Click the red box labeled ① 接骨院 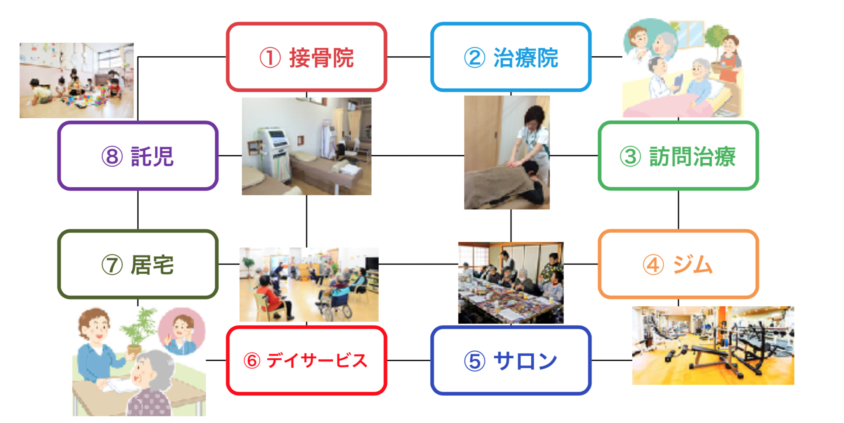[306, 57]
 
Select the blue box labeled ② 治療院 [511, 57]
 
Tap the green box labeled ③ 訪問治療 [678, 156]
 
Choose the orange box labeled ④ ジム [678, 264]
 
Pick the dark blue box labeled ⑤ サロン [511, 360]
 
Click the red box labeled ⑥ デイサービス [306, 360]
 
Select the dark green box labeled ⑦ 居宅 [137, 264]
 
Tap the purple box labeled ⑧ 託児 [137, 156]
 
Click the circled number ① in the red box [270, 58]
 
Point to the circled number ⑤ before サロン [474, 361]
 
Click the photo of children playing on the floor [76, 80]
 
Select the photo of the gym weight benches [713, 345]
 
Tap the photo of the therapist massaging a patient [507, 152]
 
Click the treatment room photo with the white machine [306, 146]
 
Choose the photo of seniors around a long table [511, 283]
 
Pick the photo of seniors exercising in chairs [309, 284]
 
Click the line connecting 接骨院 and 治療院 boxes [409, 57]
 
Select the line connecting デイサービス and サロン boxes [409, 360]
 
